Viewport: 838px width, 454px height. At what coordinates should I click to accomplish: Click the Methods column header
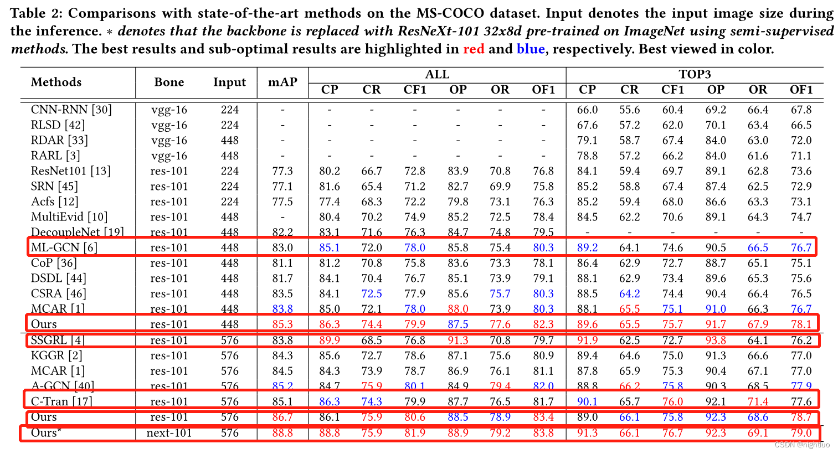tap(56, 82)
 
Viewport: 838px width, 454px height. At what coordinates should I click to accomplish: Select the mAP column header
tap(282, 82)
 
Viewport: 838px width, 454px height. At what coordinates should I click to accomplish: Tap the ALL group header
tap(437, 74)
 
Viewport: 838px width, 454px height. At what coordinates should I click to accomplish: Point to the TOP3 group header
tap(695, 74)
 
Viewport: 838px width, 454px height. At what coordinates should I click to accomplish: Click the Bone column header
tap(169, 82)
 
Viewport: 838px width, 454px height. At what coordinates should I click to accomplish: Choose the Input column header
tap(229, 82)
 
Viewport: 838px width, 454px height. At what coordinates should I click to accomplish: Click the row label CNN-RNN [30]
tap(71, 110)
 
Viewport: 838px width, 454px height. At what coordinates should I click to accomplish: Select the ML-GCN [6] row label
tap(64, 247)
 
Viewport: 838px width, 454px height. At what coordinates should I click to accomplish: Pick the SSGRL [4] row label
tap(58, 340)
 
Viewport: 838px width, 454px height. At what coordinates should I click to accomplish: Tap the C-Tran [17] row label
tap(61, 401)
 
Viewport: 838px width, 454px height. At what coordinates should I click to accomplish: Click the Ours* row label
tap(46, 432)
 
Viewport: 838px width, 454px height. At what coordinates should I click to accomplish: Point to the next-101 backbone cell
tap(169, 432)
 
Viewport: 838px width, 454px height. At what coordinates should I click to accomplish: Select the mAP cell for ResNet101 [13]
tap(282, 171)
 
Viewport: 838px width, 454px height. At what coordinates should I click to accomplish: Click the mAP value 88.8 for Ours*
tap(282, 432)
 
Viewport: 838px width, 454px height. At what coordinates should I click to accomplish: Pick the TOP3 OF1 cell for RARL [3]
tap(801, 156)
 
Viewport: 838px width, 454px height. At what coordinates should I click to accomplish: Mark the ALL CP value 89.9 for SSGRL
tap(330, 340)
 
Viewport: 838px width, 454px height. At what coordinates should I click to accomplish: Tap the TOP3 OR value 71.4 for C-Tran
tap(758, 401)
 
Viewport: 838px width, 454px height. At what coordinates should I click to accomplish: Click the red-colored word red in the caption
tap(474, 49)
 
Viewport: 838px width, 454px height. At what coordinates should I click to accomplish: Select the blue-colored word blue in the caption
tap(531, 49)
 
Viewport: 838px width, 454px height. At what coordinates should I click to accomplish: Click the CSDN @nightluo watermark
tap(802, 445)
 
